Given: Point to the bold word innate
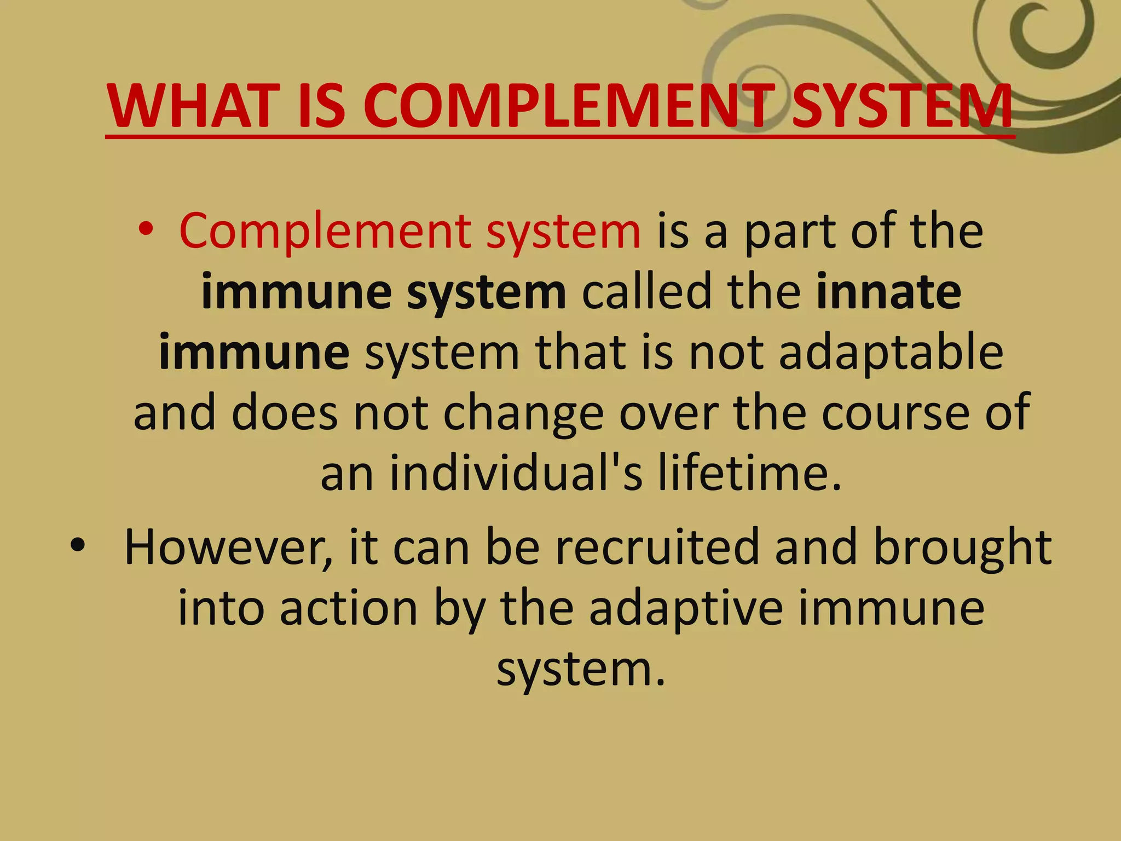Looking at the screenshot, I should [x=888, y=291].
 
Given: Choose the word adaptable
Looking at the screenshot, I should [x=891, y=352].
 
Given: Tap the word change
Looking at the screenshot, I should [x=523, y=413].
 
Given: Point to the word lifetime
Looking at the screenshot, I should [x=749, y=473].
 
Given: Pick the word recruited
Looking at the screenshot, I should [x=657, y=548].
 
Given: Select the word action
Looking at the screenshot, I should [x=349, y=608].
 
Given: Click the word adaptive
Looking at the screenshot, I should [x=686, y=609].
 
